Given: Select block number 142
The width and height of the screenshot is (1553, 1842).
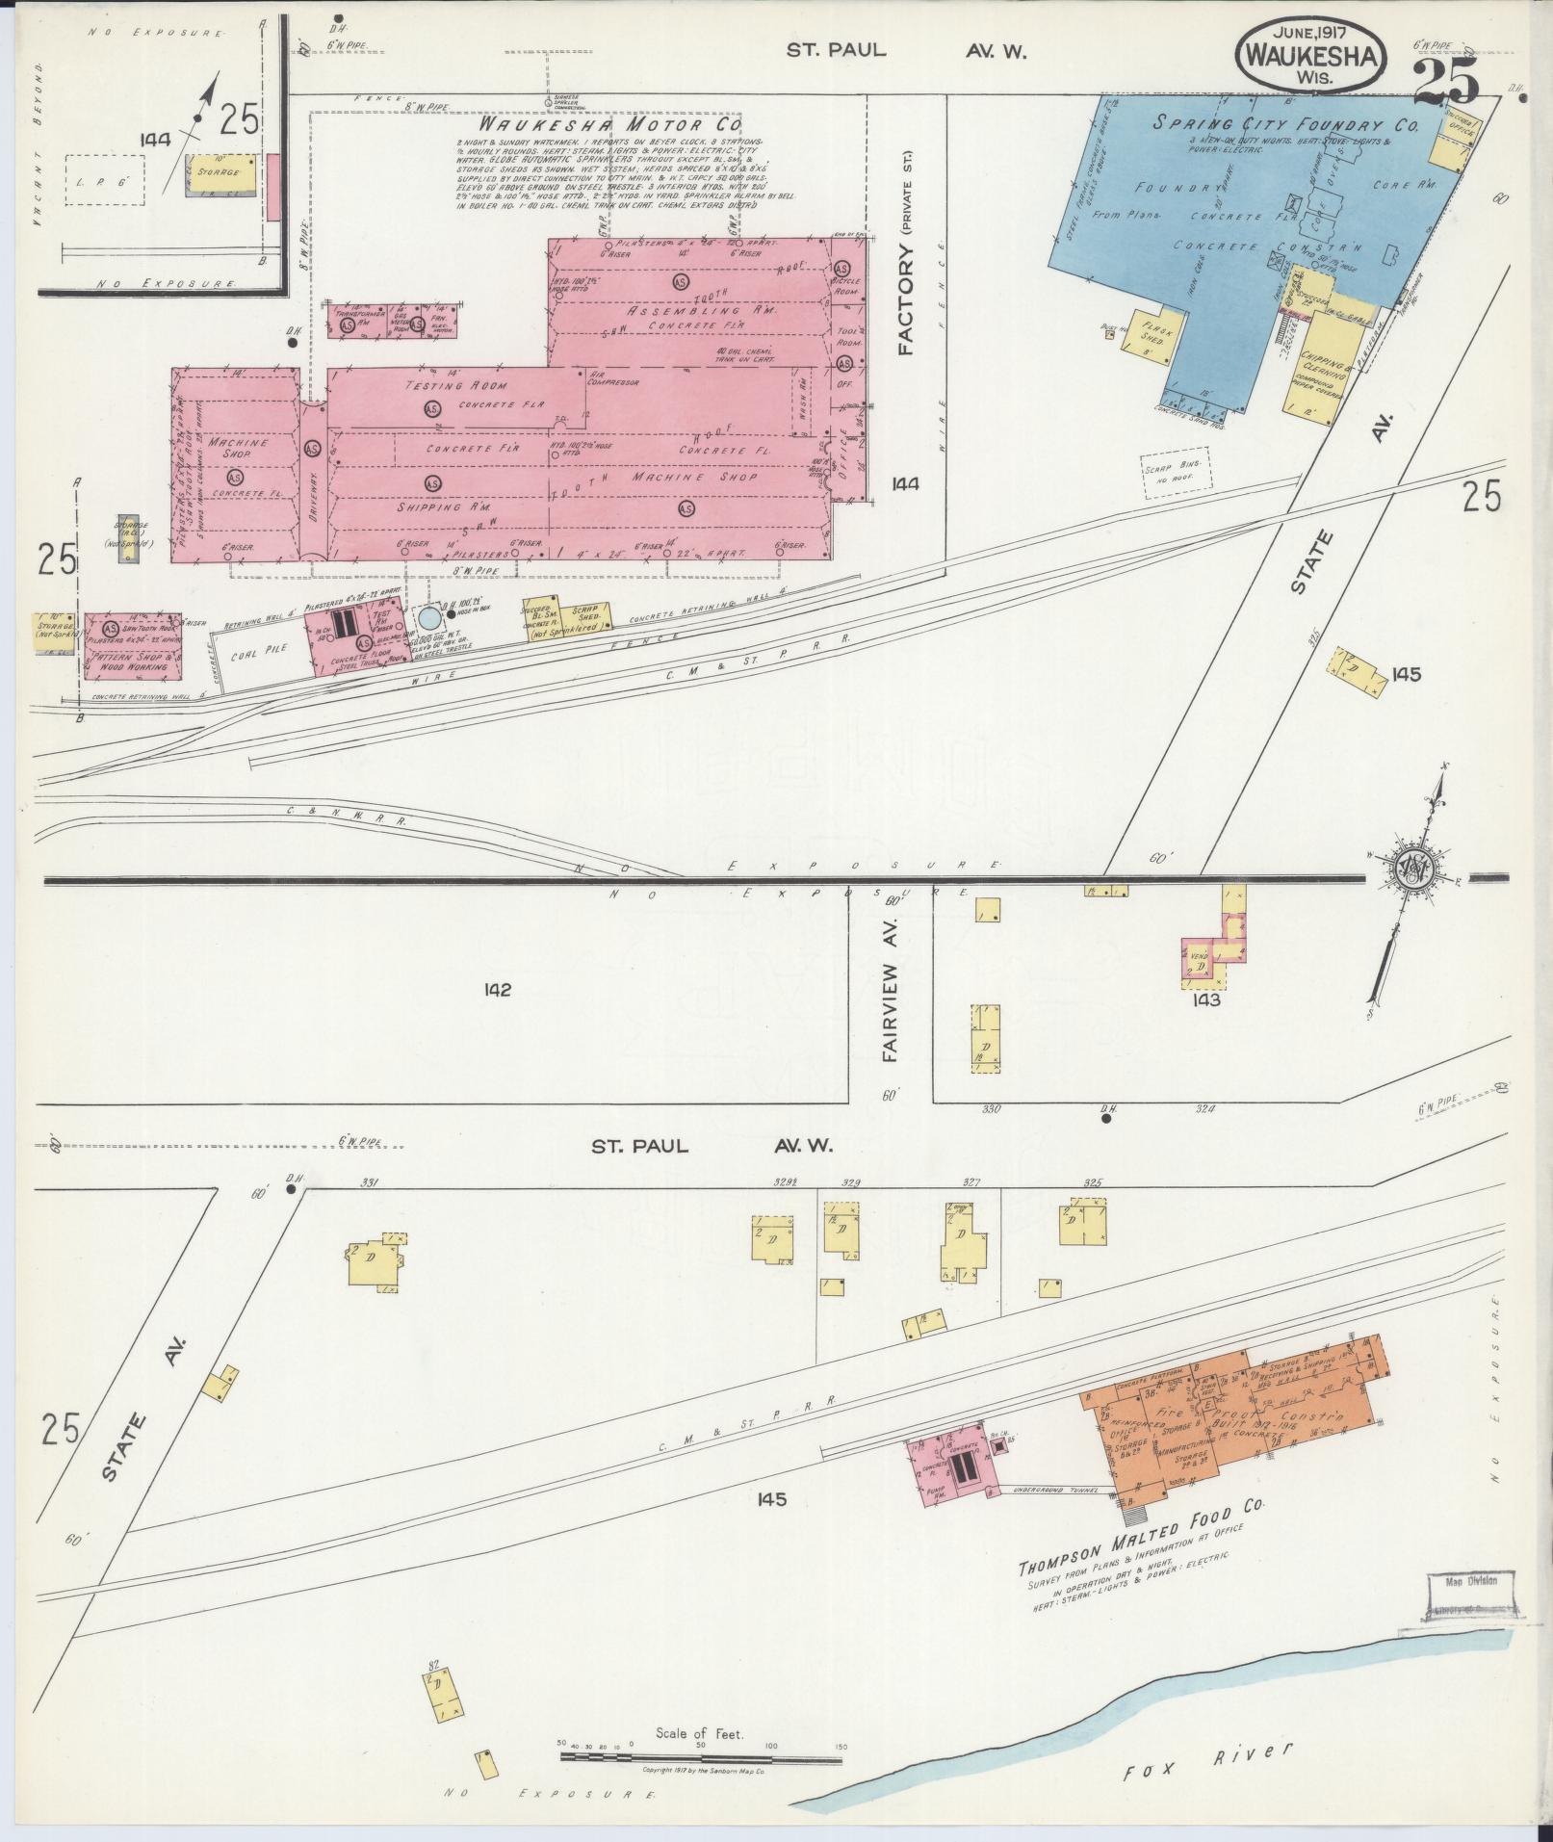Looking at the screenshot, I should point(498,990).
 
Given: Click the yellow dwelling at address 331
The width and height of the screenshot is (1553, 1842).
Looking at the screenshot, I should point(370,1258).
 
